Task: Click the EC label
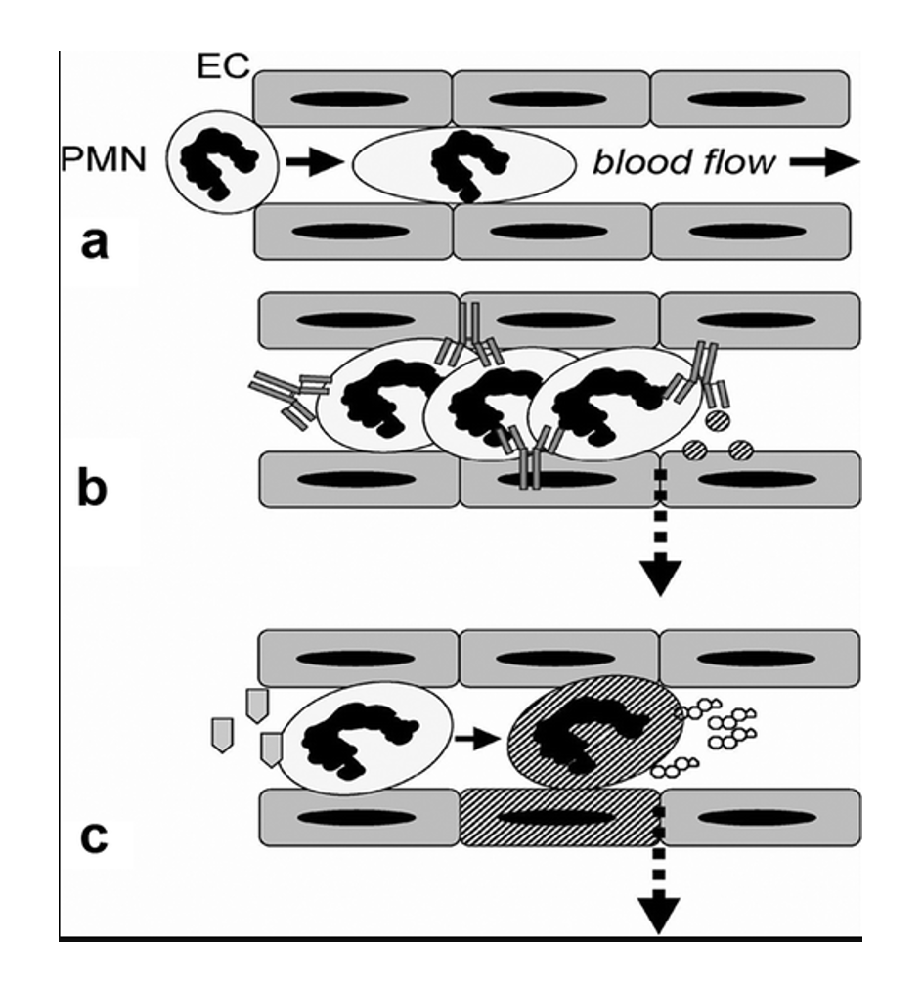[x=223, y=66]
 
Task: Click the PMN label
[x=104, y=159]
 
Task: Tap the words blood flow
[x=684, y=162]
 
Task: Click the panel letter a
[x=94, y=243]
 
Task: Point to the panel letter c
[x=94, y=837]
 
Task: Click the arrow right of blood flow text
[x=824, y=162]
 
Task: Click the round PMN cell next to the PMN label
[x=222, y=162]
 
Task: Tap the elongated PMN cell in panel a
[x=464, y=164]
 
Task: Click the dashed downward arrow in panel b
[x=660, y=534]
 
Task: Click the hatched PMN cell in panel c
[x=594, y=733]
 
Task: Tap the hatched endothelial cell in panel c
[x=560, y=817]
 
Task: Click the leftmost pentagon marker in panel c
[x=222, y=735]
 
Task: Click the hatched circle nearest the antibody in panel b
[x=718, y=419]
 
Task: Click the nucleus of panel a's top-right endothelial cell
[x=747, y=99]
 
